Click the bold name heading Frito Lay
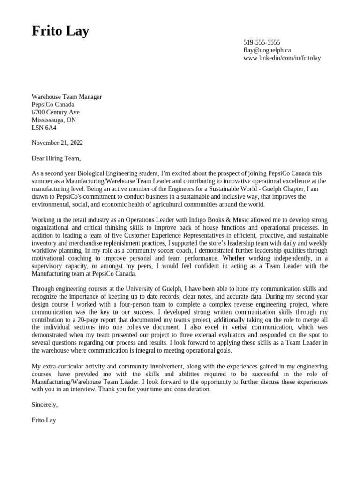60,31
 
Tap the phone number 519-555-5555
262,43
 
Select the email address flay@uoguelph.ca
267,50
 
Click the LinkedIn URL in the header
282,58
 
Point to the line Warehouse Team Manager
67,97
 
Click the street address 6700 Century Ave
55,112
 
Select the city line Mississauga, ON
53,120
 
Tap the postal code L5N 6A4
44,127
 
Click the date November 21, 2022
57,143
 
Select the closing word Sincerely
45,405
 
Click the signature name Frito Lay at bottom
44,420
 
